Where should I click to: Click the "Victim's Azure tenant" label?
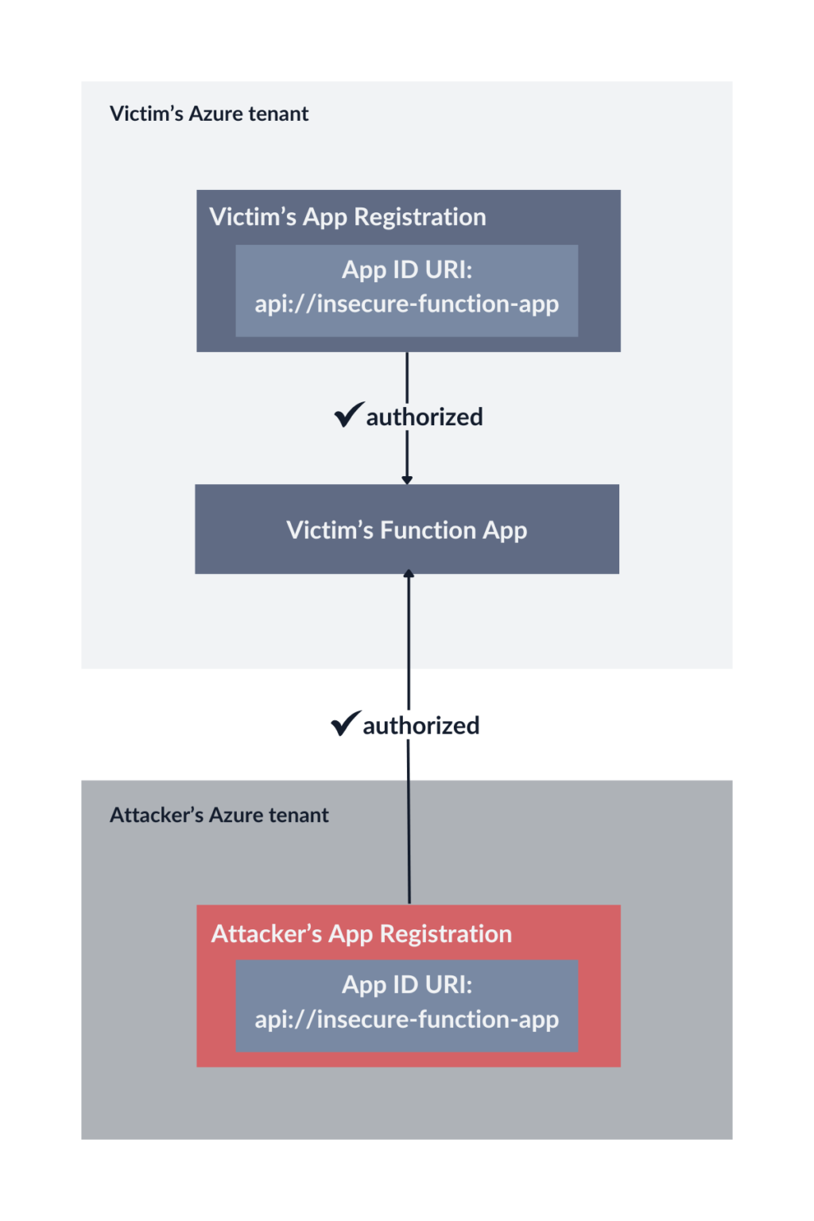coord(209,114)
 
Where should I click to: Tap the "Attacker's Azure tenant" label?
coord(219,815)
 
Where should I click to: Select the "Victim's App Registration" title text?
coord(347,217)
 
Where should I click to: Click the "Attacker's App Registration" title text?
coord(361,934)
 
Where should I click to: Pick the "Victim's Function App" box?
coord(407,529)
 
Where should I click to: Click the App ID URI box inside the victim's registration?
coord(407,290)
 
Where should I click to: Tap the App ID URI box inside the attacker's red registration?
coord(407,1006)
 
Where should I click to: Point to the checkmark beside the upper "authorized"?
coord(348,414)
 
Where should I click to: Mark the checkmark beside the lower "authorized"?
coord(345,723)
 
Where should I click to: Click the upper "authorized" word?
coord(424,417)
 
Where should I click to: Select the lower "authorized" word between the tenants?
coord(421,726)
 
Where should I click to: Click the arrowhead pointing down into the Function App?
coord(407,479)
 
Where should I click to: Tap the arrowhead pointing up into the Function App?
coord(409,574)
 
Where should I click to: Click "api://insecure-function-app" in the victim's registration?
coord(407,304)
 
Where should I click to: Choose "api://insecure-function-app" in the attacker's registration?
coord(407,1020)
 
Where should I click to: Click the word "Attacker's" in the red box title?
coord(266,934)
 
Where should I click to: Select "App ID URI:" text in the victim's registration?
coord(407,270)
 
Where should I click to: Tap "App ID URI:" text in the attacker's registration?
coord(407,985)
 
